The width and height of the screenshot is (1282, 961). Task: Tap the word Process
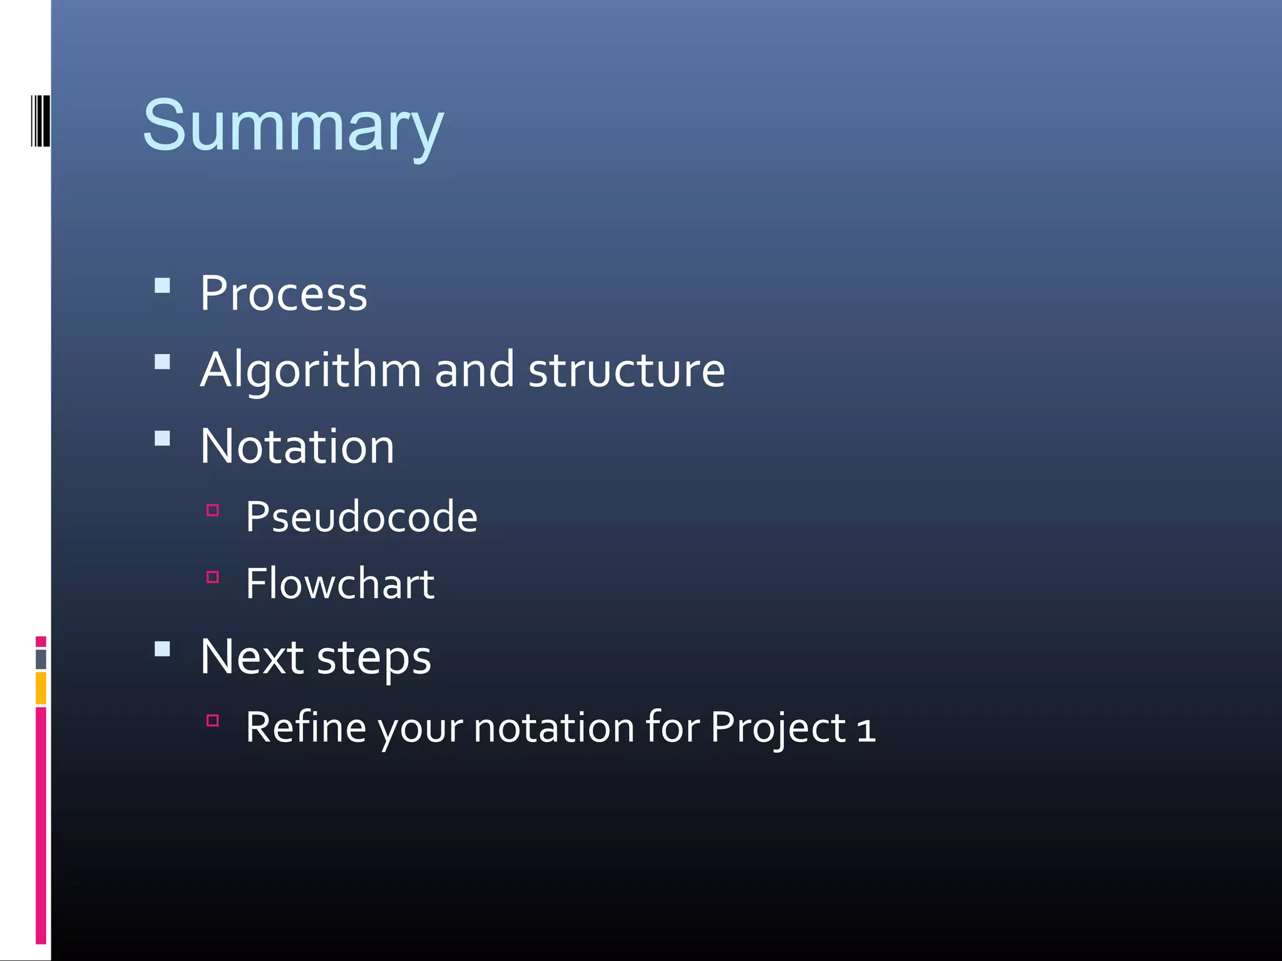coord(284,293)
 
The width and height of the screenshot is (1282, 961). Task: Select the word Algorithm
coord(310,370)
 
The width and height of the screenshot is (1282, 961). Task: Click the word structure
coord(627,370)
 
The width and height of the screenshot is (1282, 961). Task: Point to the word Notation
coord(297,446)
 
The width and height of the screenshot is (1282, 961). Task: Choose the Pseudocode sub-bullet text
coord(361,517)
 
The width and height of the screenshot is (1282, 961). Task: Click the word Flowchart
coord(340,584)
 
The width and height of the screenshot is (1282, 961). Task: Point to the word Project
coord(778,728)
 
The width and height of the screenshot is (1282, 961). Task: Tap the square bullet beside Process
coord(163,286)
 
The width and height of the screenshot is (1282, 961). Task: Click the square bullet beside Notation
coord(163,438)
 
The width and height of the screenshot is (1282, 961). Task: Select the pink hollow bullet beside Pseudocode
coord(213,510)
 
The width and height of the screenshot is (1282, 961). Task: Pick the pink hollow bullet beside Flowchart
coord(213,577)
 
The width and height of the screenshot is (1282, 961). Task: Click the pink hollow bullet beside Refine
coord(213,720)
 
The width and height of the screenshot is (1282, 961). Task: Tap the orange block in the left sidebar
coord(41,688)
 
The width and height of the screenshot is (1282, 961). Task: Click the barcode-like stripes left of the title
coord(40,121)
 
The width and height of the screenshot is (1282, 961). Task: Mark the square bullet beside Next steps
coord(163,649)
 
